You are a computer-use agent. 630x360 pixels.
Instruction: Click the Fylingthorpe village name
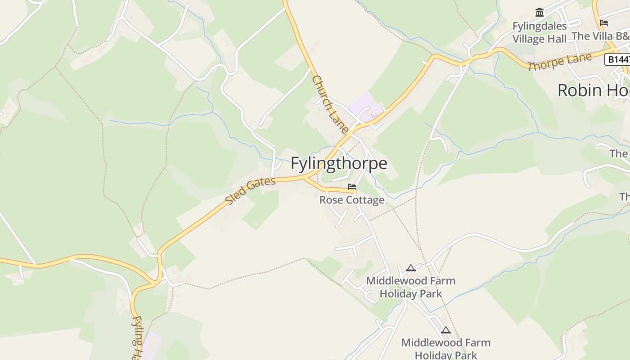click(338, 163)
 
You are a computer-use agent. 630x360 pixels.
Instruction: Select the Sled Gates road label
click(250, 191)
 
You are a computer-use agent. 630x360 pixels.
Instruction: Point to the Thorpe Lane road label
click(560, 62)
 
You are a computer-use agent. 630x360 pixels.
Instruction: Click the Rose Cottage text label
click(351, 200)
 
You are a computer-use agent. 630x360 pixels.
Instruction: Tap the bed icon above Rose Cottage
click(352, 186)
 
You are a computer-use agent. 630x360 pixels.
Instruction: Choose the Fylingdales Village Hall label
click(540, 32)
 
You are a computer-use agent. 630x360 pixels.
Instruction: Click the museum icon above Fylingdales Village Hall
click(540, 12)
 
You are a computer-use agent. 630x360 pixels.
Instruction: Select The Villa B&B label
click(600, 36)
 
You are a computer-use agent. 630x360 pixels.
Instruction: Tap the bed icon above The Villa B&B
click(604, 23)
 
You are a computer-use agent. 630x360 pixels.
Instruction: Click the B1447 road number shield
click(617, 59)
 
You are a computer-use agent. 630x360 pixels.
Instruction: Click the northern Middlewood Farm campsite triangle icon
click(410, 268)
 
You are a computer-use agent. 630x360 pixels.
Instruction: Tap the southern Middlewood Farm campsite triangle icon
click(445, 330)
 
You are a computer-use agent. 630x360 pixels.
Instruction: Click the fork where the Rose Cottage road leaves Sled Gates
click(306, 179)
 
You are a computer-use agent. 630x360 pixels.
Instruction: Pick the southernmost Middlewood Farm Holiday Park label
click(445, 349)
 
